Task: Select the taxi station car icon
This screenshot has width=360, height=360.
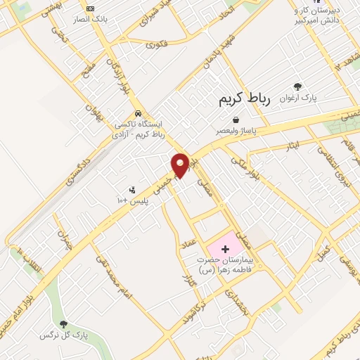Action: (138, 112)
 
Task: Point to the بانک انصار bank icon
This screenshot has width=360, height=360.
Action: (89, 9)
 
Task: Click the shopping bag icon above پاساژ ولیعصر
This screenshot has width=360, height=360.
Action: (235, 120)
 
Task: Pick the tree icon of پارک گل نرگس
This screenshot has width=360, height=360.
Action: (64, 323)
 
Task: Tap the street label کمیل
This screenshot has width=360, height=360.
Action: (324, 250)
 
